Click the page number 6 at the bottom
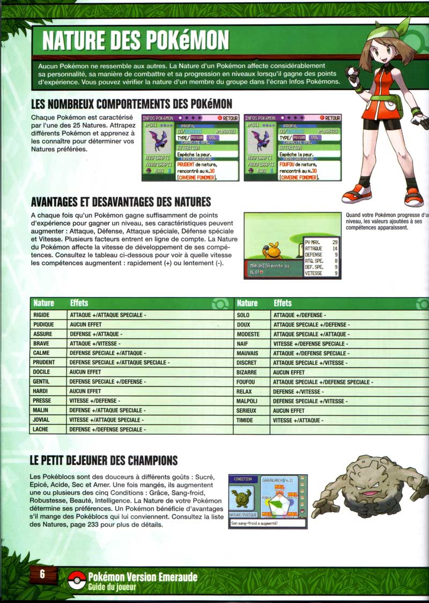pos(41,573)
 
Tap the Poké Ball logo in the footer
pos(77,580)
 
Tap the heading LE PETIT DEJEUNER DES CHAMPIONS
pos(104,460)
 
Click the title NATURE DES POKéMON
pos(135,40)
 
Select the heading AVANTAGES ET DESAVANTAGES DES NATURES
pos(121,202)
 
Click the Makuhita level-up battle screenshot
pos(292,245)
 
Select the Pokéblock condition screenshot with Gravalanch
pos(268,501)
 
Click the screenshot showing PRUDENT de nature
pos(190,147)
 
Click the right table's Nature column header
pos(247,303)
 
